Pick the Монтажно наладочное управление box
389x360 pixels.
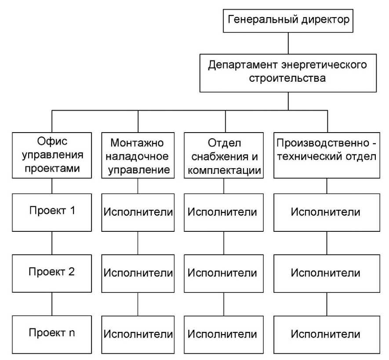coord(138,156)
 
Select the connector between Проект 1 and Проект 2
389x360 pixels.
coord(52,242)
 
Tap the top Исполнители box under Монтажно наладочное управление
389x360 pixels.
coord(138,212)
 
